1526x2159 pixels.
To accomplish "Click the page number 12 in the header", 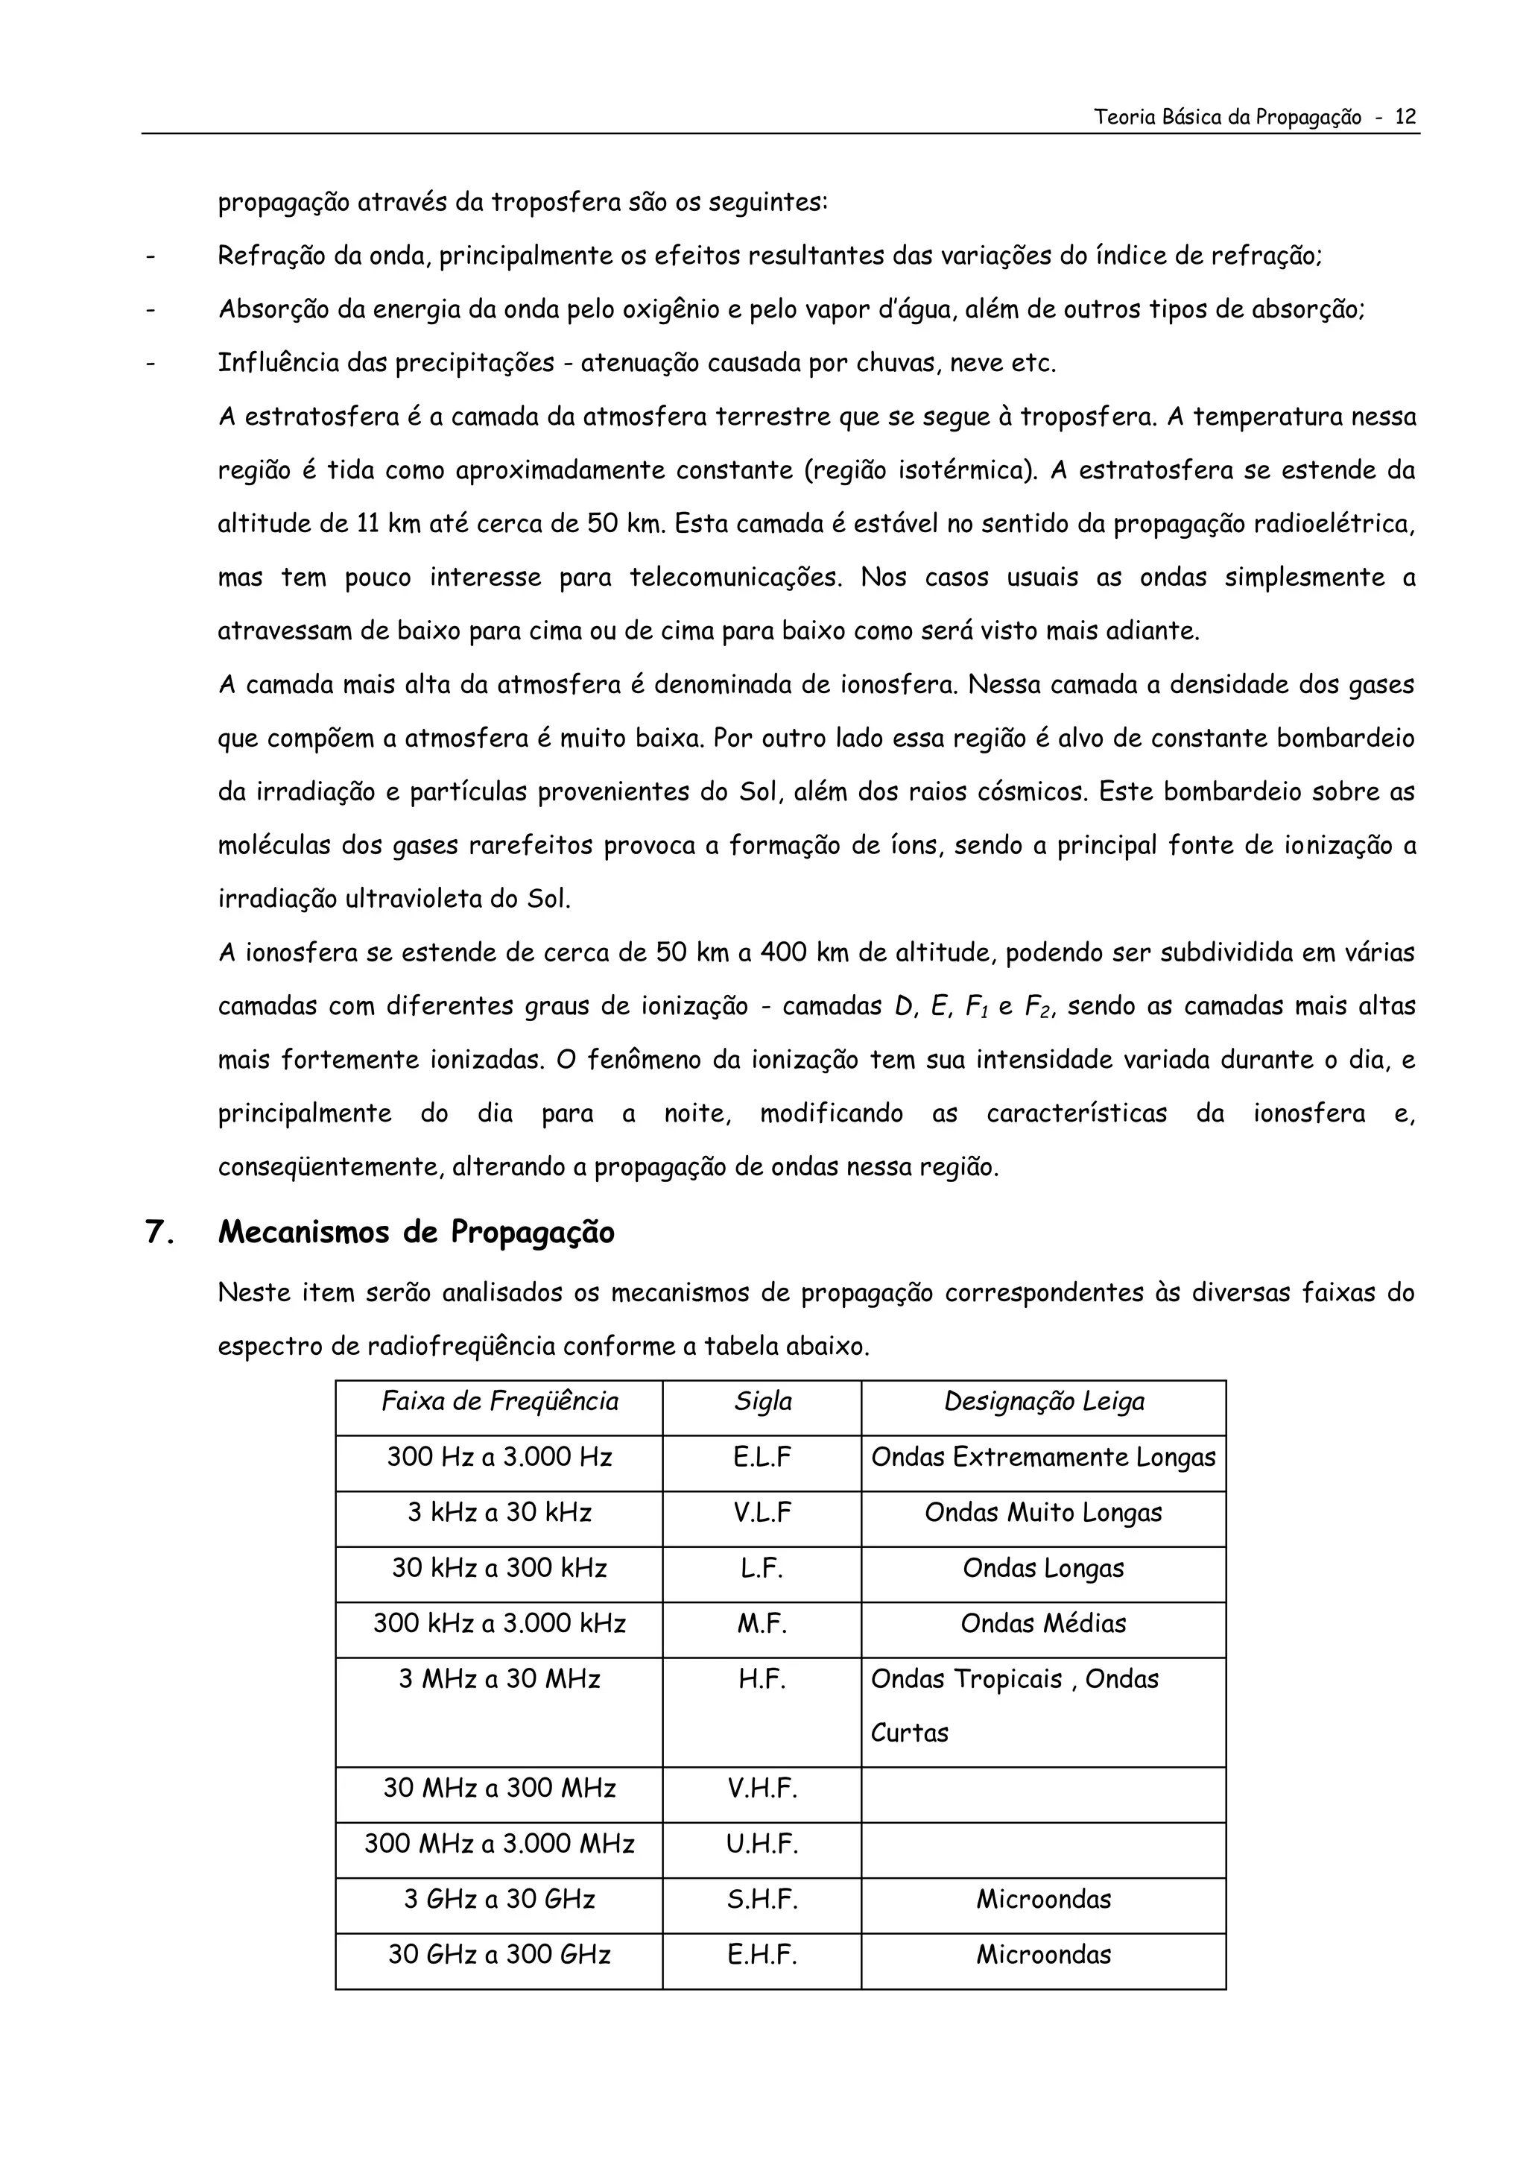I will [x=1405, y=118].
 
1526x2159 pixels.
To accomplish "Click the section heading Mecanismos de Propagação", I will [x=416, y=1232].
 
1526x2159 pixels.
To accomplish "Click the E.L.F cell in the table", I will [x=762, y=1458].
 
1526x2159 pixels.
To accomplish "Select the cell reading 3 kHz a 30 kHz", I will [x=499, y=1513].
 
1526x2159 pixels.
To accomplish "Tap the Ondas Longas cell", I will [x=1044, y=1569].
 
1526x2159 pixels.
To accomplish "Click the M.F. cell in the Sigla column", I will [x=762, y=1624].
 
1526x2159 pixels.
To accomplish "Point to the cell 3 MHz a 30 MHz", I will [x=499, y=1680].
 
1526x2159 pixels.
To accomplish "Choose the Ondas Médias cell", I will [x=1044, y=1624].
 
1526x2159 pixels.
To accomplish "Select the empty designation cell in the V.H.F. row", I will [x=1044, y=1789].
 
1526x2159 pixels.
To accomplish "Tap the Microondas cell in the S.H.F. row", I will [x=1044, y=1900].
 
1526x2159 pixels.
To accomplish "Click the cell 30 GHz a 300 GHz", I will [x=499, y=1955].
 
